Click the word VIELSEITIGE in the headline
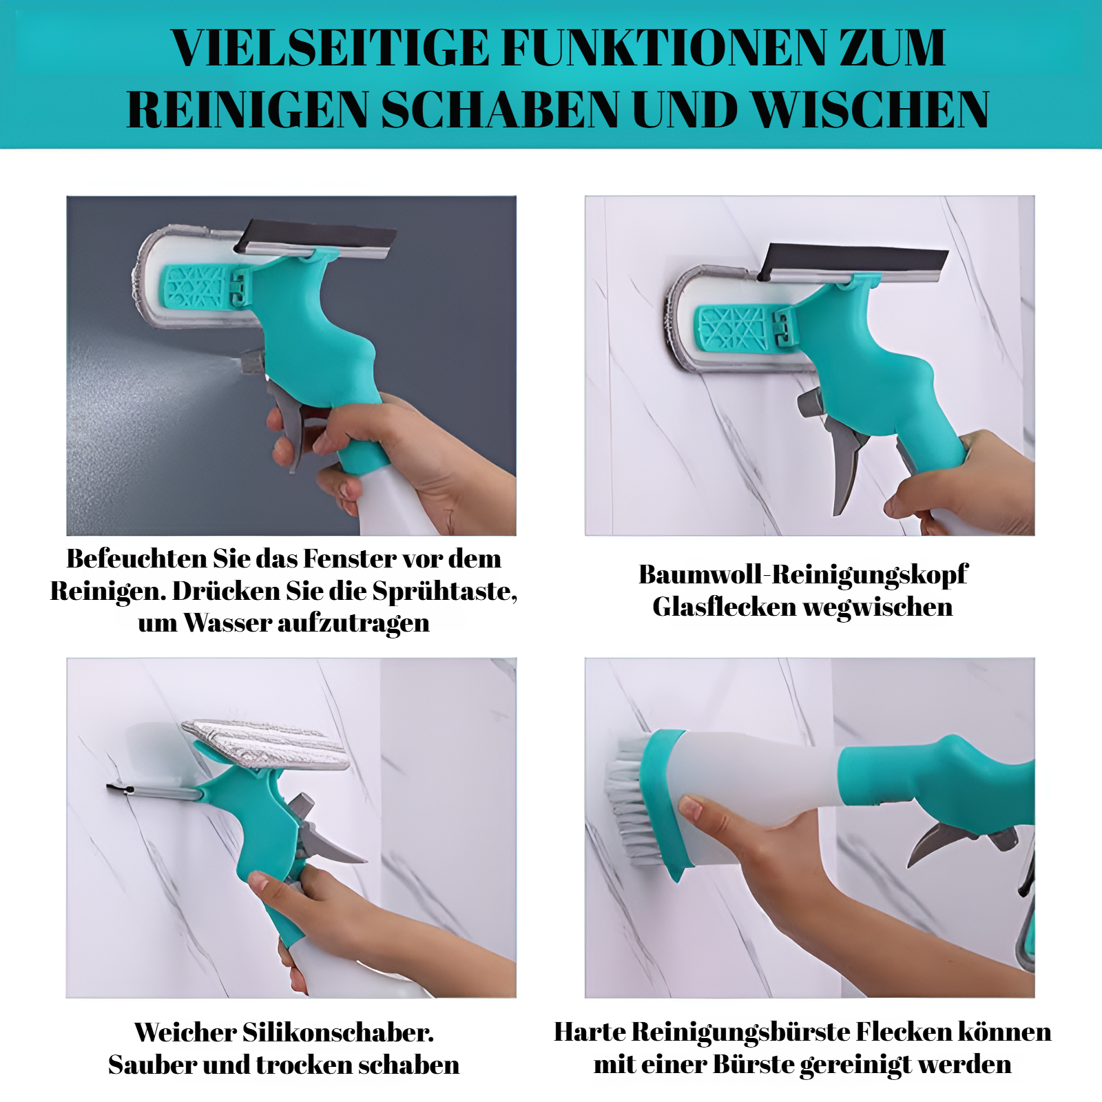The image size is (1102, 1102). coord(330,48)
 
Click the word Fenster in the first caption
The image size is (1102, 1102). coord(349,559)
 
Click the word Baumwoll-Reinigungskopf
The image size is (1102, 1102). coord(803,575)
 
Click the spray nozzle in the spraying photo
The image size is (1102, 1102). coord(253,361)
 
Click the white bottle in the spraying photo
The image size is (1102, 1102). coord(393,503)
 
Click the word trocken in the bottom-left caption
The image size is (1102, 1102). coord(304,1065)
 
